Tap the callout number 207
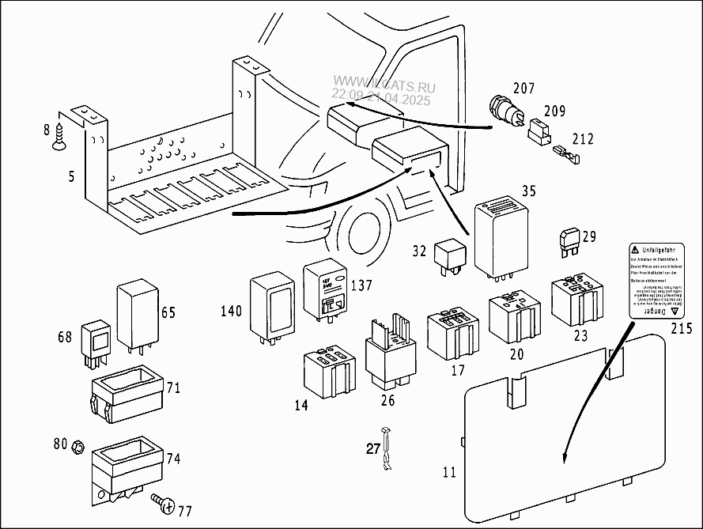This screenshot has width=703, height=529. point(524,88)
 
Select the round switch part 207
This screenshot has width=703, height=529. point(504,112)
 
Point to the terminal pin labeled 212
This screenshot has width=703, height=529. point(567,153)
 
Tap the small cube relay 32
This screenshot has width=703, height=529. point(450,252)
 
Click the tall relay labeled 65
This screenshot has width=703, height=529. point(138,316)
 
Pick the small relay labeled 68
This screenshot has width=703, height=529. point(96,340)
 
